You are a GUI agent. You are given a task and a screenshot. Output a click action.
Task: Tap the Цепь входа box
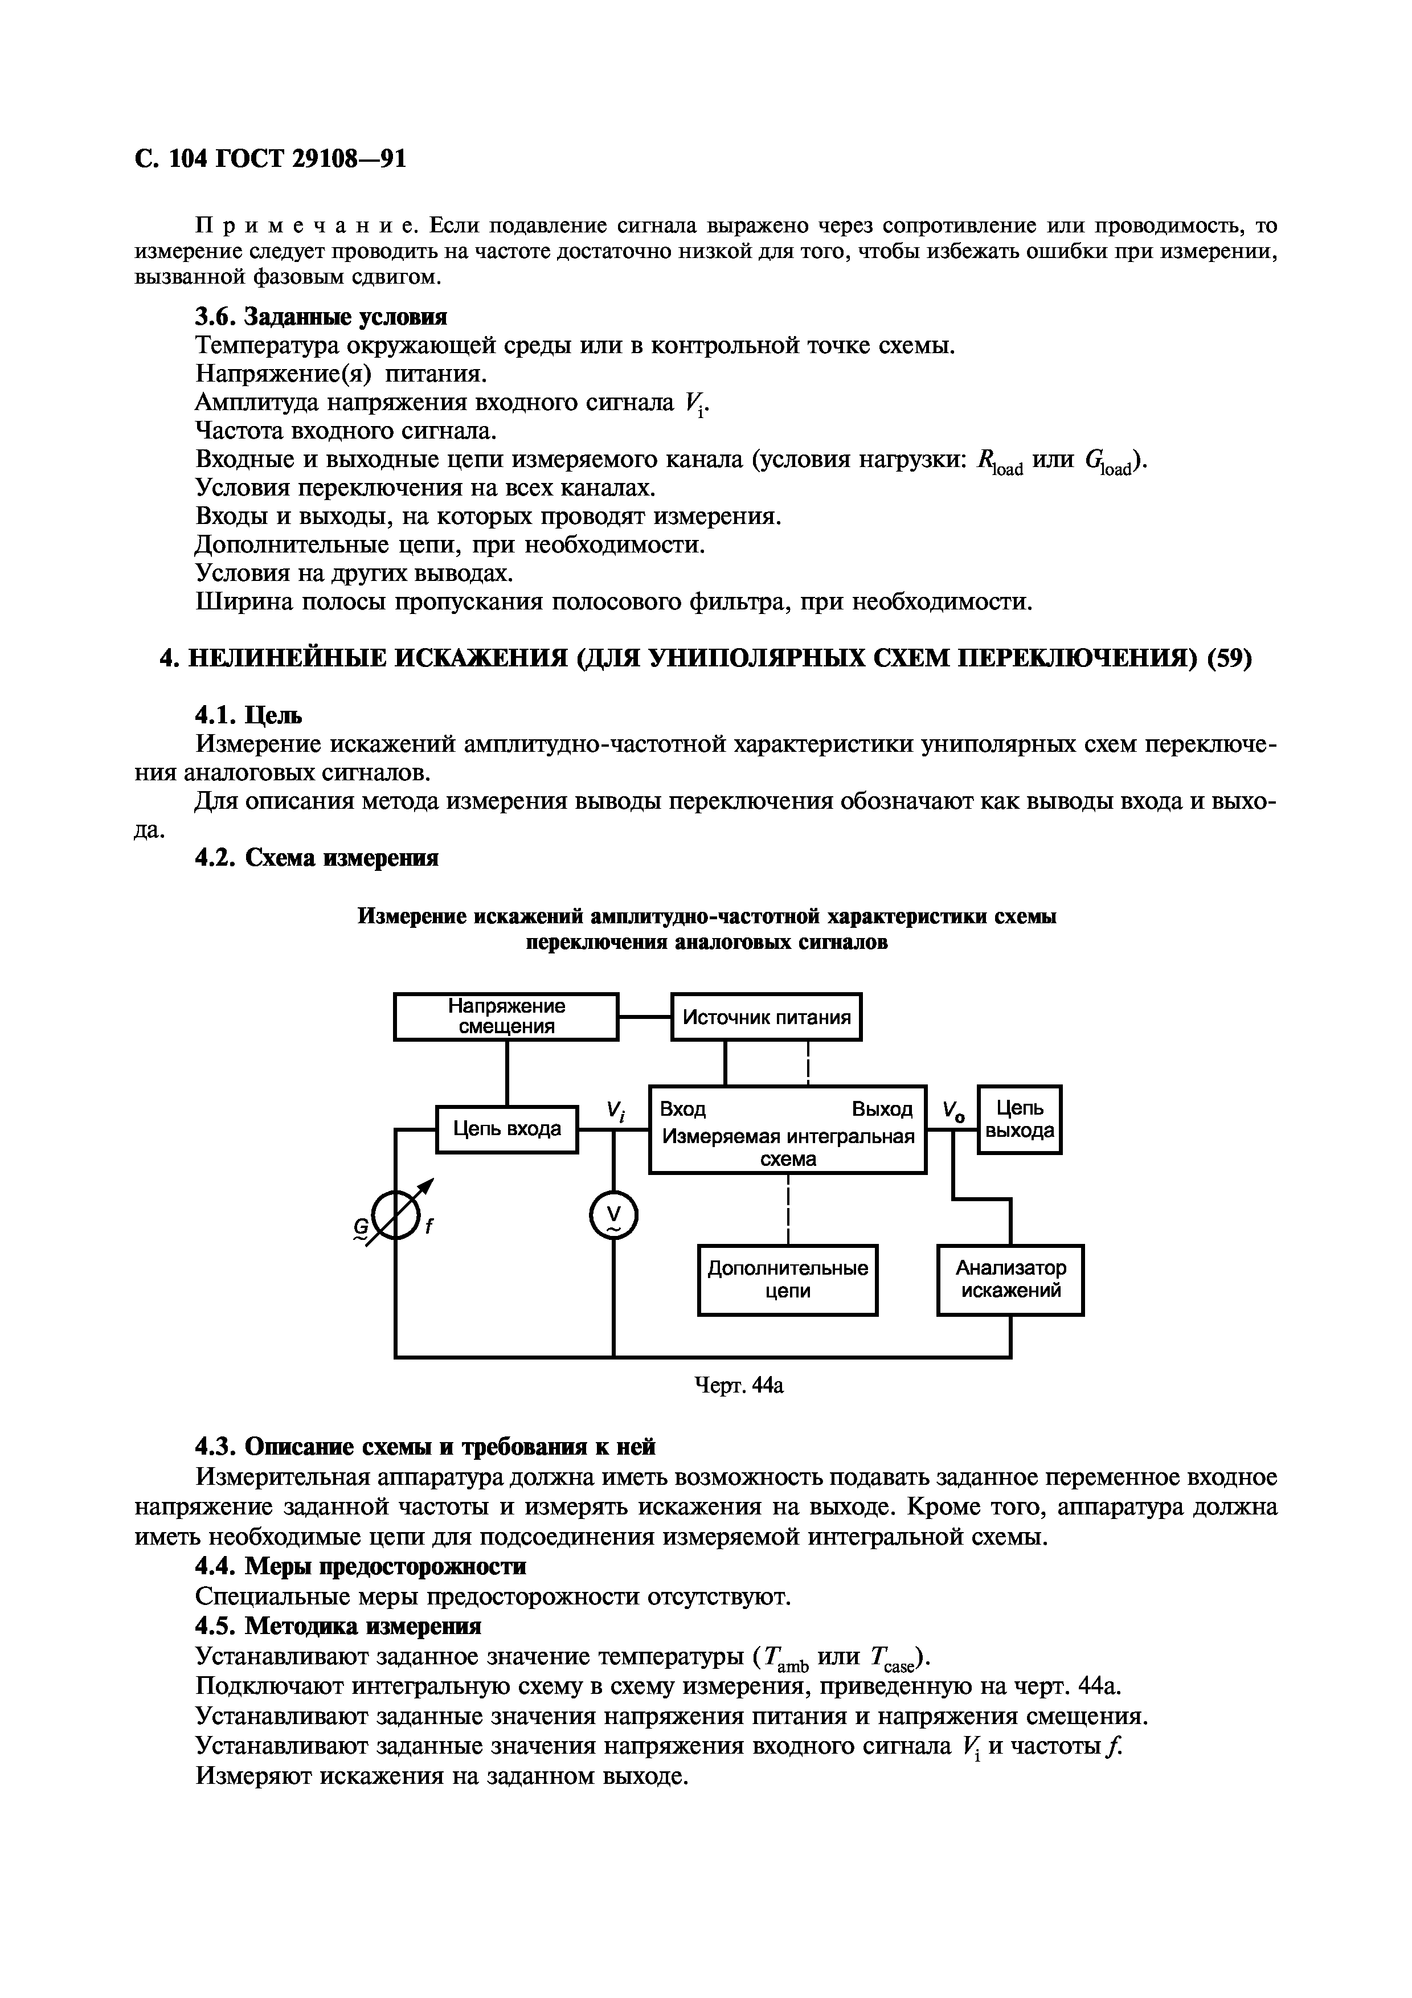point(506,1129)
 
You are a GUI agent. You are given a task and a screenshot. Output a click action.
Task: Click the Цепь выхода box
point(1020,1119)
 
